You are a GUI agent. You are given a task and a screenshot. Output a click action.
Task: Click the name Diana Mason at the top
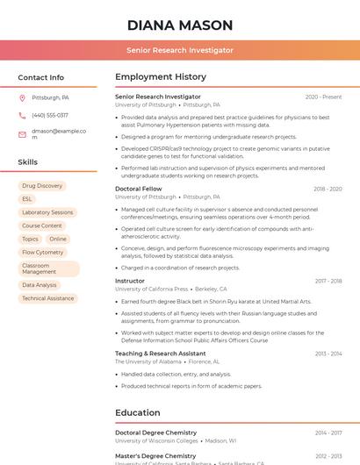(180, 25)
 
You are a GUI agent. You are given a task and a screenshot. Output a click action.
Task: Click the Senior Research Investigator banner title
(180, 51)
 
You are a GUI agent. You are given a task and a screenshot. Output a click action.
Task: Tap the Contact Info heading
(40, 77)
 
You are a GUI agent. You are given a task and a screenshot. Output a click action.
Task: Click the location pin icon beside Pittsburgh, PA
(22, 98)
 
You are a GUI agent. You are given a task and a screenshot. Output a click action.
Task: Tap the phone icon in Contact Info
(22, 116)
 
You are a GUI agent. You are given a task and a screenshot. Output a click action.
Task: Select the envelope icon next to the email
(22, 134)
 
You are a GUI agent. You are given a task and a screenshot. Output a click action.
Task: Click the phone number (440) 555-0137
(50, 116)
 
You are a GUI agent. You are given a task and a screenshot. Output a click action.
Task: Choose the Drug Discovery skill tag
(42, 186)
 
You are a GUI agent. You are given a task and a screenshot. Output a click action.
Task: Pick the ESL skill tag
(27, 199)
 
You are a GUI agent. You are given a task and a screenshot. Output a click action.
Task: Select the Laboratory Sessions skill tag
(47, 212)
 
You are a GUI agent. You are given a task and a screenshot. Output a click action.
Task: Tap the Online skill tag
(58, 239)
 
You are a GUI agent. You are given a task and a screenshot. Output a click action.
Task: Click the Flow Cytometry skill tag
(43, 253)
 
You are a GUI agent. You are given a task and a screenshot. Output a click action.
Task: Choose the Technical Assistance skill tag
(48, 298)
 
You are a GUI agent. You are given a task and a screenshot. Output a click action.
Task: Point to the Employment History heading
(161, 77)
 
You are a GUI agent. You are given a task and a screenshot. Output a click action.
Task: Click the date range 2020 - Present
(323, 97)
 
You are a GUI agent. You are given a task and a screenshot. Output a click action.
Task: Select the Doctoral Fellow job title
(139, 189)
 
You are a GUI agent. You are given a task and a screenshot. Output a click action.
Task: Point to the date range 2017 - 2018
(328, 281)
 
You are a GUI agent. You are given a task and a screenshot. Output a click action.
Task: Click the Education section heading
(138, 413)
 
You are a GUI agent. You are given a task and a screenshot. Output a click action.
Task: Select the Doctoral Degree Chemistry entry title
(155, 433)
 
